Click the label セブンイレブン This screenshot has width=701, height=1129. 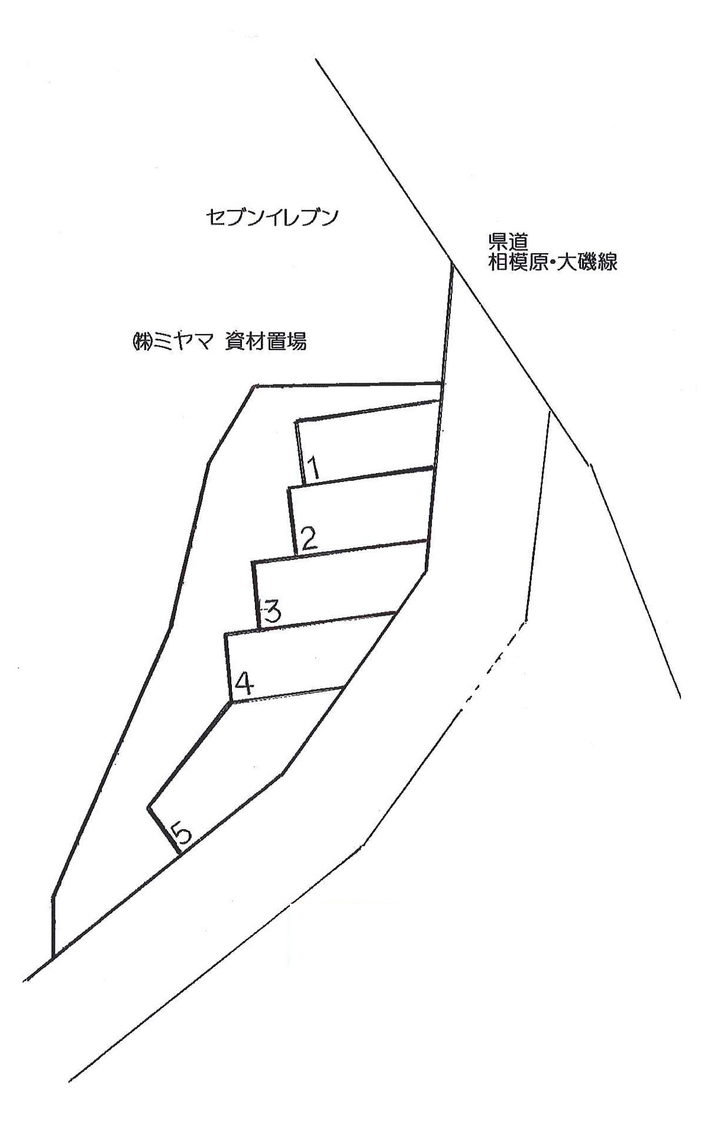(x=272, y=218)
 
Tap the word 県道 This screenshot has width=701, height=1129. (x=507, y=242)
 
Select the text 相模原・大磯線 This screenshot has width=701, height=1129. (x=552, y=262)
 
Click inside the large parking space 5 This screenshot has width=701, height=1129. (x=254, y=763)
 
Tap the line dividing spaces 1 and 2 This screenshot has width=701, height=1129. (x=367, y=475)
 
